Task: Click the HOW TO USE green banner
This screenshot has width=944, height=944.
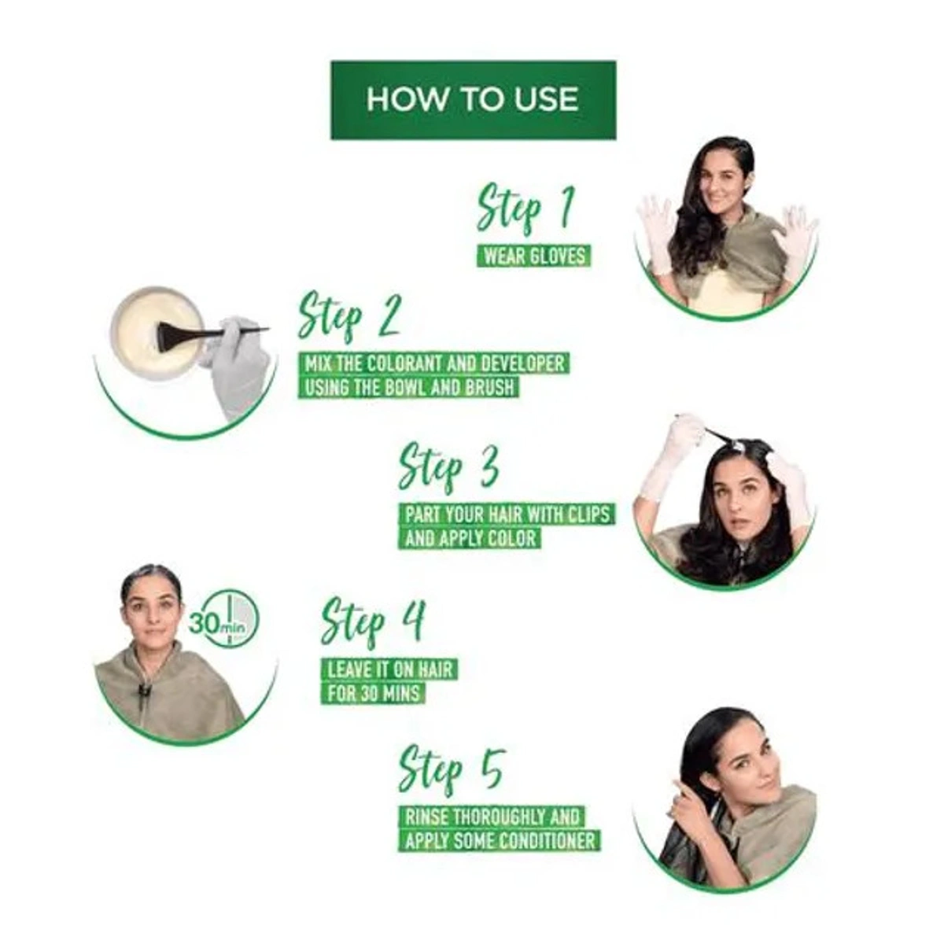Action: tap(473, 100)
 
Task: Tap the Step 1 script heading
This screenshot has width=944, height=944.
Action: tap(525, 208)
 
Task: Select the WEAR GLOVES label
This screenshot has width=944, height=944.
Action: tap(534, 256)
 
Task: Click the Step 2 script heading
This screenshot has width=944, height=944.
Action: tap(349, 316)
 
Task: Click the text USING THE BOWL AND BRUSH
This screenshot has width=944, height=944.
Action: tap(408, 387)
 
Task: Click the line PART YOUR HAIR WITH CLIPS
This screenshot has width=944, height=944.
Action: tap(507, 514)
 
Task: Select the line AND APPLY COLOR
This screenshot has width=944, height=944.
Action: tap(470, 539)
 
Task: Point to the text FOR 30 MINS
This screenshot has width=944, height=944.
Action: tap(374, 694)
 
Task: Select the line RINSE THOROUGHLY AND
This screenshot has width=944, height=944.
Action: tap(492, 817)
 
